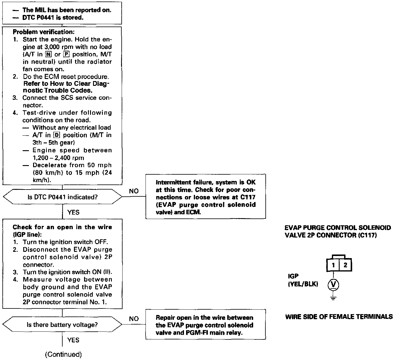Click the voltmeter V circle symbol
point(333,285)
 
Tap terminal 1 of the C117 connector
point(333,265)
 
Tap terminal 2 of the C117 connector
point(345,265)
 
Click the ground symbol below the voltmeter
point(333,298)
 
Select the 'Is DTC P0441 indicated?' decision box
point(62,197)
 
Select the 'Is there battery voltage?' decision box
point(62,325)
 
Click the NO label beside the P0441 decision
point(134,191)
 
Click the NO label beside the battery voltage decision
point(134,319)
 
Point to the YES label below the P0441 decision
point(73,212)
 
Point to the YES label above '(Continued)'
point(73,340)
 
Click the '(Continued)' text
point(63,354)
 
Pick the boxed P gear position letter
point(66,55)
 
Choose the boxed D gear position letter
point(56,135)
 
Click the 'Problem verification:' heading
point(44,32)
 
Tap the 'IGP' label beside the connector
point(293,277)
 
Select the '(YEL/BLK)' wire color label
point(303,284)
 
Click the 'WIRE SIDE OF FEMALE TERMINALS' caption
point(339,317)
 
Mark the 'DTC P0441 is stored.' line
point(52,18)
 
